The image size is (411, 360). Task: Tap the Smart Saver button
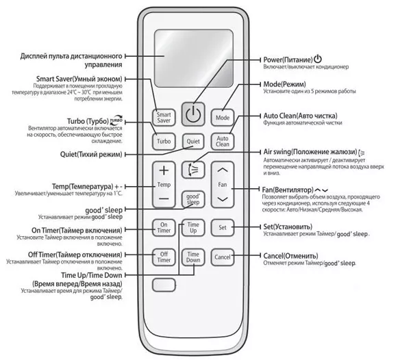[x=164, y=118]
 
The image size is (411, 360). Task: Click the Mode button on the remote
[x=222, y=118]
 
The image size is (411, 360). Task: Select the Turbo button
[x=164, y=142]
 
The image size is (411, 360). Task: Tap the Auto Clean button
[x=222, y=142]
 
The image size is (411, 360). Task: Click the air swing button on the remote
[x=193, y=170]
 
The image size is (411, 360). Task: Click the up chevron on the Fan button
[x=223, y=170]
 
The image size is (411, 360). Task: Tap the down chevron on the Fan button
[x=223, y=199]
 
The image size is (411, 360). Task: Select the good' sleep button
[x=193, y=199]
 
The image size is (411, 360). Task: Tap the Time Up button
[x=193, y=227]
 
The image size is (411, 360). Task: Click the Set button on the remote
[x=222, y=227]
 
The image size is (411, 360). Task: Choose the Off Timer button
[x=164, y=257]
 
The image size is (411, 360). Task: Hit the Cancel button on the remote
[x=222, y=257]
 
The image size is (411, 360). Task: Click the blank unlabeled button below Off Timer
[x=164, y=285]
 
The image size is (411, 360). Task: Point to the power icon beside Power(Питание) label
[x=318, y=59]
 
